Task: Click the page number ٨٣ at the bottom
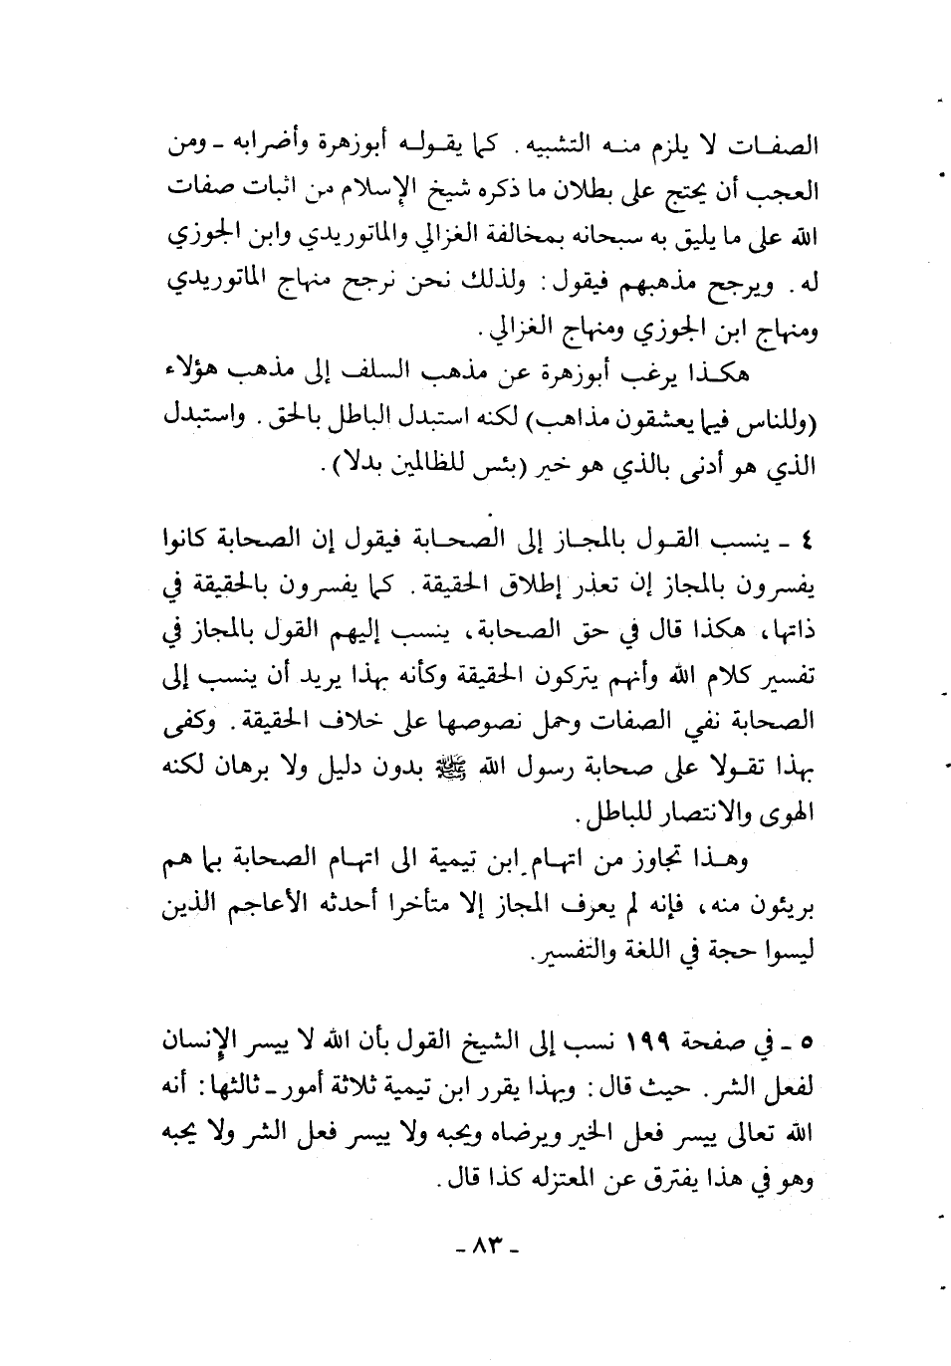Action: point(487,1245)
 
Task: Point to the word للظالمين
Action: point(395,464)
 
